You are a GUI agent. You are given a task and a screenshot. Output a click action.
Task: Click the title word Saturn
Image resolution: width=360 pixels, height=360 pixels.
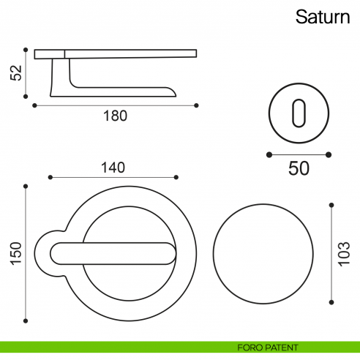pyautogui.click(x=323, y=17)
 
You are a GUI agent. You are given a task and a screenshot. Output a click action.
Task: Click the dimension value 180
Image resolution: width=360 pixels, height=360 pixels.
pyautogui.click(x=115, y=116)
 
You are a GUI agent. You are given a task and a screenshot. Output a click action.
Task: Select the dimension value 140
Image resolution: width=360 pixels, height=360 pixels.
pyautogui.click(x=112, y=167)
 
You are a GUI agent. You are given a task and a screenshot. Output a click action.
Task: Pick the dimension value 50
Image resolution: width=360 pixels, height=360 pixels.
pyautogui.click(x=299, y=168)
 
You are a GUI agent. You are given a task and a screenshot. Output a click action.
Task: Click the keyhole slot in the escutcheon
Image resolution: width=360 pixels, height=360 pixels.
pyautogui.click(x=298, y=114)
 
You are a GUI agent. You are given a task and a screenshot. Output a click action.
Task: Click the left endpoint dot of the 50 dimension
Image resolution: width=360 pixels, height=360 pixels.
pyautogui.click(x=269, y=154)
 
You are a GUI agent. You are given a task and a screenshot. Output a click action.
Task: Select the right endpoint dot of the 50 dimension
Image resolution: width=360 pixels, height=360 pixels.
pyautogui.click(x=329, y=154)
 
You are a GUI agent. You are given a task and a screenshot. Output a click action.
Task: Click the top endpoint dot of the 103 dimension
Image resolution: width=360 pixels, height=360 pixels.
pyautogui.click(x=333, y=206)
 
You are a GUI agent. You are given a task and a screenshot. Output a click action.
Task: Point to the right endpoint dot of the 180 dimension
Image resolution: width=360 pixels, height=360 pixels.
pyautogui.click(x=197, y=105)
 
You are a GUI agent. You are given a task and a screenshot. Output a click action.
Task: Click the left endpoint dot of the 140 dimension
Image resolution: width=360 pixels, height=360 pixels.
pyautogui.click(x=49, y=177)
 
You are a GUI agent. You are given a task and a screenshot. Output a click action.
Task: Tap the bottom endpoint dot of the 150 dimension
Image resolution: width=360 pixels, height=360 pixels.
pyautogui.click(x=26, y=319)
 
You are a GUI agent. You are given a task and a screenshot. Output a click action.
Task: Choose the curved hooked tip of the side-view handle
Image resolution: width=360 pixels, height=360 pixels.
pyautogui.click(x=173, y=91)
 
